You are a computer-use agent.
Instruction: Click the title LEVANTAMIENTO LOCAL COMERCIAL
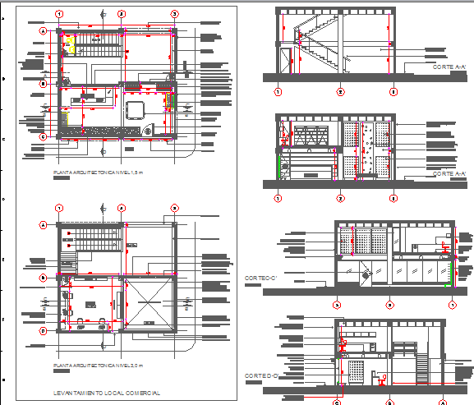point(105,393)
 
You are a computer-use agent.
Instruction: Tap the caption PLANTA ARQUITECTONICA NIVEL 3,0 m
point(98,364)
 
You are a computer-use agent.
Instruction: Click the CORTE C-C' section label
point(262,278)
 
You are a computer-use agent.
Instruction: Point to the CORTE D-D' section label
point(262,375)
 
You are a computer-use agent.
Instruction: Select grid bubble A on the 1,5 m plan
point(42,30)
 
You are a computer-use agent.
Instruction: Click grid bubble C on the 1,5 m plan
point(42,136)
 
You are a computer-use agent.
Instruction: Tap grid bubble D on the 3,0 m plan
point(42,330)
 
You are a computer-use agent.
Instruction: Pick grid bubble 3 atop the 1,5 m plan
point(175,14)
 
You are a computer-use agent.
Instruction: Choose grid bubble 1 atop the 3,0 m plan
point(59,208)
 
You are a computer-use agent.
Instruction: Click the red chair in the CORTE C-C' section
point(444,246)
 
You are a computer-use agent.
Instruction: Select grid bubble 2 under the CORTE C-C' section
point(390,305)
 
